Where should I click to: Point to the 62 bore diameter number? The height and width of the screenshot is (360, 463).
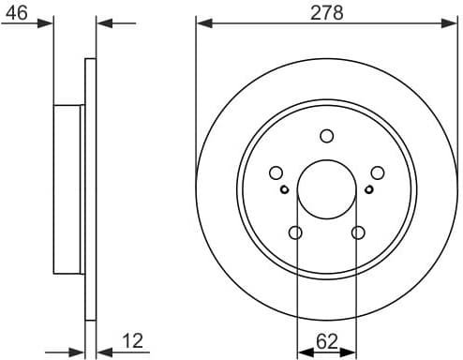tap(326, 343)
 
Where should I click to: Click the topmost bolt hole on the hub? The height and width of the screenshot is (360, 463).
tap(326, 135)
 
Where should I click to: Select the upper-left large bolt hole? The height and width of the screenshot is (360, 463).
tap(276, 172)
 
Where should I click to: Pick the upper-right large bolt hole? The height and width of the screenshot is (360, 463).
tap(378, 172)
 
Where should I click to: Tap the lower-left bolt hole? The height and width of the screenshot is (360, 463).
tap(295, 232)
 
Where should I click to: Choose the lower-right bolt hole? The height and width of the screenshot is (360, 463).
tap(358, 232)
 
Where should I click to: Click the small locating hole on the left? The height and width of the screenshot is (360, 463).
tap(284, 189)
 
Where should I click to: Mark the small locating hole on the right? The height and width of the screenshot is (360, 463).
tap(369, 189)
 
